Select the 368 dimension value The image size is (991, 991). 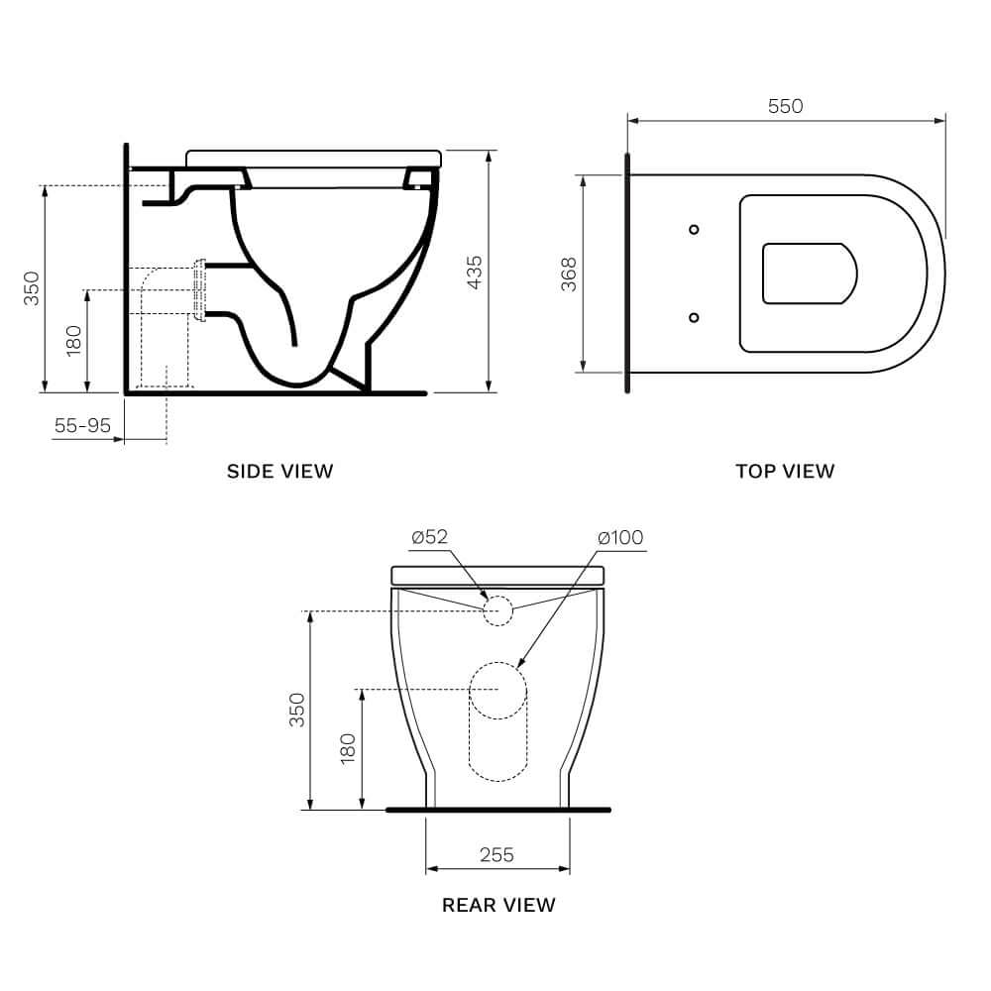coord(569,275)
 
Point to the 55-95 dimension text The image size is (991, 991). coord(82,425)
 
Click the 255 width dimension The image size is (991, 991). coord(496,854)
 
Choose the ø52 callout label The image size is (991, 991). coord(430,537)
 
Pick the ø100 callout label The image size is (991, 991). coord(620,537)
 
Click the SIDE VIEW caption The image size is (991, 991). coord(280,471)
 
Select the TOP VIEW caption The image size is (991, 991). coord(785,471)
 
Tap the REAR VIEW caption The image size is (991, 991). coord(498,905)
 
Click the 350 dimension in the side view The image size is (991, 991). coord(32,288)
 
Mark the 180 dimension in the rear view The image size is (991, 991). coord(348,748)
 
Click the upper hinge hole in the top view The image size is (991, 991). coord(694,229)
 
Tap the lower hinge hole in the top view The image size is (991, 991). coord(694,317)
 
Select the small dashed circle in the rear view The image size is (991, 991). coord(497,610)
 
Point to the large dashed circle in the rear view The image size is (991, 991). coord(497,689)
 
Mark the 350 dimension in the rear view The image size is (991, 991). coord(296,710)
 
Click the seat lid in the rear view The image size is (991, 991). coord(497,576)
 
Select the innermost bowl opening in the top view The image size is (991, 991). coord(809,273)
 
